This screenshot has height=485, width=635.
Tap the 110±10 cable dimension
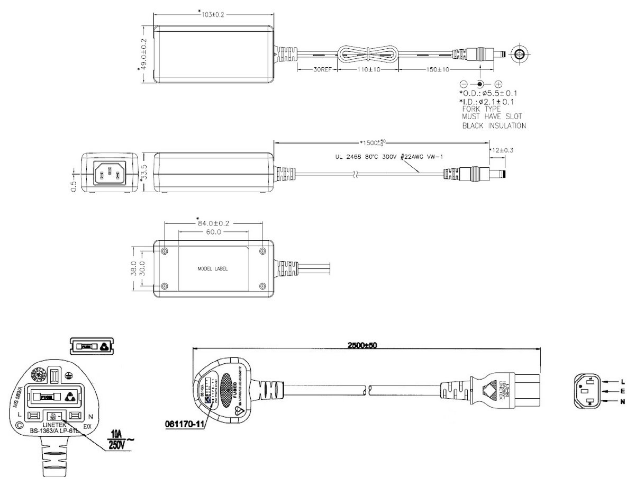coord(368,69)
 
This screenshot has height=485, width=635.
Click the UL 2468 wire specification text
coord(382,157)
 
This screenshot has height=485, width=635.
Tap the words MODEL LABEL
coord(213,269)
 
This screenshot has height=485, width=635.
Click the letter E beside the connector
coord(622,391)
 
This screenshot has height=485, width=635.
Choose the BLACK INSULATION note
coord(494,126)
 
